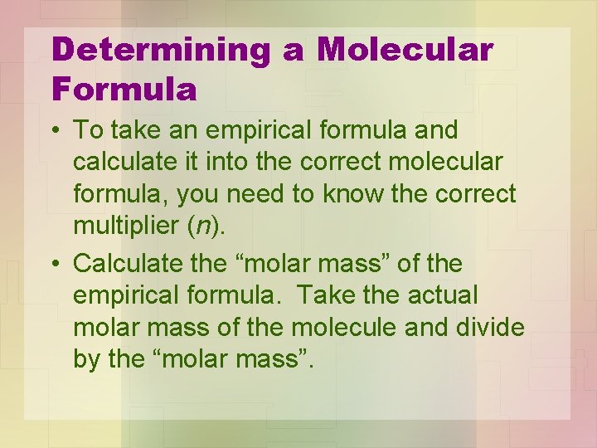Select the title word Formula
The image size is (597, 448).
(124, 89)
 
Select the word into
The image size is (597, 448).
(245, 163)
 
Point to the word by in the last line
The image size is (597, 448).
(85, 360)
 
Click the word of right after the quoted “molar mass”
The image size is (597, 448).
(411, 265)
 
